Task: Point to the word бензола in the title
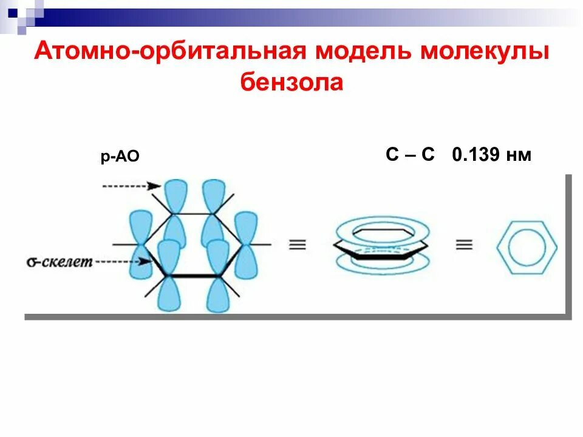click(x=291, y=82)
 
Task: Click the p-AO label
click(x=120, y=157)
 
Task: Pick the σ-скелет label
click(x=60, y=262)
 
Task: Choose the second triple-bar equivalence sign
click(x=464, y=245)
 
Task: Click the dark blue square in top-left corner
click(x=13, y=10)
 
